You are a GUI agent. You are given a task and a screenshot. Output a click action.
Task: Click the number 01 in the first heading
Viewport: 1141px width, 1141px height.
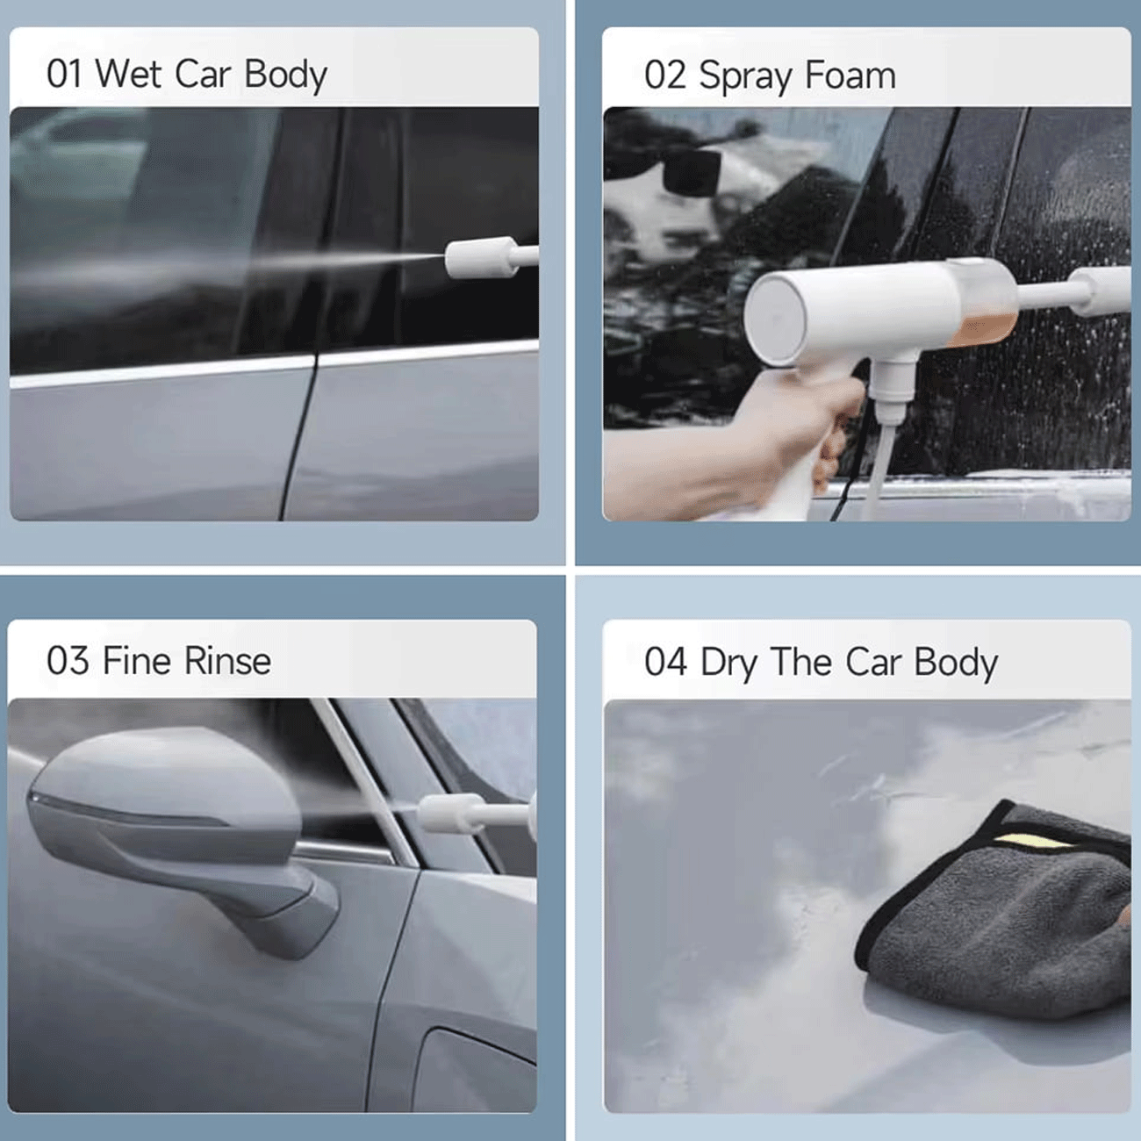[x=63, y=74]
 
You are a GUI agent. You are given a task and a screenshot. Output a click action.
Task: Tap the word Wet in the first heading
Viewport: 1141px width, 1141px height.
[x=128, y=74]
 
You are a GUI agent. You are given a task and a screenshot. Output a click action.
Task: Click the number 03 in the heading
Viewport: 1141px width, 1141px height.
[x=68, y=661]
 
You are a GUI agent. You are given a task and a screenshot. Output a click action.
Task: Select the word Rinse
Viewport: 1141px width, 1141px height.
[x=228, y=660]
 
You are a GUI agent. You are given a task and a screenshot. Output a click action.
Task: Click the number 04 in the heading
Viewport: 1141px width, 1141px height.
[x=665, y=662]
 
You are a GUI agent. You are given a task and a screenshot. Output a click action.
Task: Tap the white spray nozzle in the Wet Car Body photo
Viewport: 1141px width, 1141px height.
[x=491, y=258]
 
